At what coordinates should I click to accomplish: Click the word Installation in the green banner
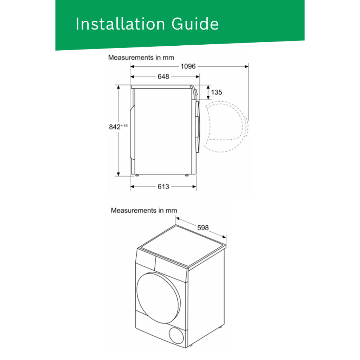click(x=120, y=24)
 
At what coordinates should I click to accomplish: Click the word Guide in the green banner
click(x=195, y=24)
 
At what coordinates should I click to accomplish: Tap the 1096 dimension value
click(x=188, y=66)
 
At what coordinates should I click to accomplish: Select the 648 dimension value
click(x=163, y=76)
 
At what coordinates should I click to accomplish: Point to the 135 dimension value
click(x=217, y=92)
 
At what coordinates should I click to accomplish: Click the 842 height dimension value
click(x=115, y=127)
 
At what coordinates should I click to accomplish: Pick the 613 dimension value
click(x=163, y=187)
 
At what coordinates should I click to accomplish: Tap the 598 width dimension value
click(x=203, y=228)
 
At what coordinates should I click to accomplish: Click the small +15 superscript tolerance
click(x=124, y=126)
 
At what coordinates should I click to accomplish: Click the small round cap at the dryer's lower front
click(x=176, y=335)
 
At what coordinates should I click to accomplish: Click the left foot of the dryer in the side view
click(x=137, y=175)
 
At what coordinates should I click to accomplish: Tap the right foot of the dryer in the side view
click(x=187, y=175)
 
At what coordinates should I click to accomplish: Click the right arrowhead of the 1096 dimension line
click(x=246, y=66)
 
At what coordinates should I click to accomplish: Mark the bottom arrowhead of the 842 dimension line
click(x=118, y=174)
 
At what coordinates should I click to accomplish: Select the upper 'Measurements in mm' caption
click(x=141, y=57)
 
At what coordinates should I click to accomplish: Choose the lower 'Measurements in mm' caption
click(x=144, y=210)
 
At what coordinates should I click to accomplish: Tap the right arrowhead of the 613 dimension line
click(x=194, y=187)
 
